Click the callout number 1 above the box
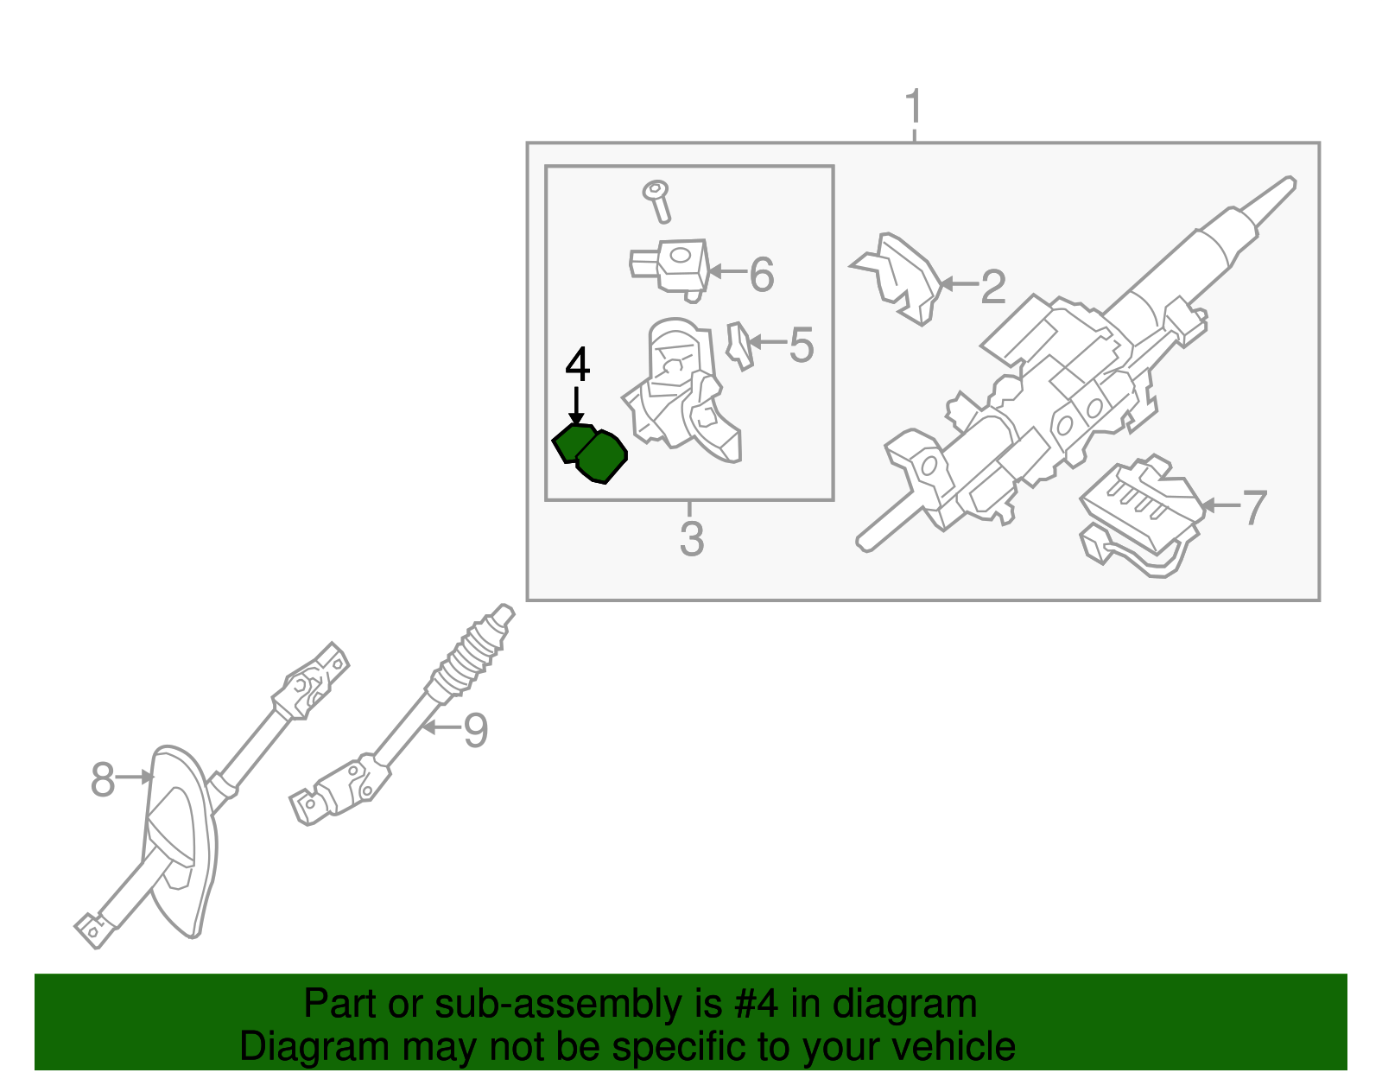[x=913, y=108]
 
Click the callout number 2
[x=993, y=287]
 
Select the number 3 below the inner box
[x=691, y=539]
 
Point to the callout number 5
[x=801, y=346]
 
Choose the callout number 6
[x=761, y=275]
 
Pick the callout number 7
[x=1253, y=508]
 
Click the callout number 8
[x=103, y=780]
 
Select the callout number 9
[x=475, y=731]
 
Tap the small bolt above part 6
[x=658, y=200]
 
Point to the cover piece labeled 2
[x=903, y=276]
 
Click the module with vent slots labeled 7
[x=1140, y=510]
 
